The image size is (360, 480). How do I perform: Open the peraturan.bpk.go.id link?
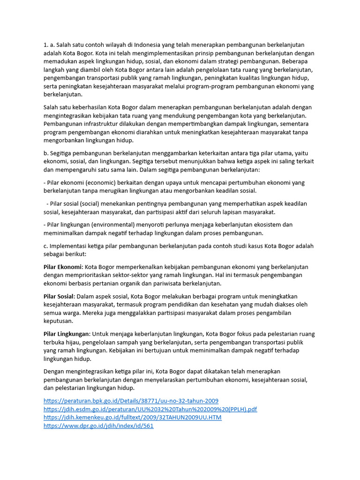(x=131, y=401)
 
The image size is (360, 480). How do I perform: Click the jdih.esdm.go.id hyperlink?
(x=150, y=409)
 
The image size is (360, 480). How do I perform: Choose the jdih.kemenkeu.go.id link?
(x=132, y=418)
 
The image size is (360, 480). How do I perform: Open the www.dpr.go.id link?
(x=98, y=426)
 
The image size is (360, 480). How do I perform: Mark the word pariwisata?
(x=173, y=284)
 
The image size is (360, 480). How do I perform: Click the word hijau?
(x=78, y=342)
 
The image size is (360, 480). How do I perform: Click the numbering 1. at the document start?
(x=46, y=45)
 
